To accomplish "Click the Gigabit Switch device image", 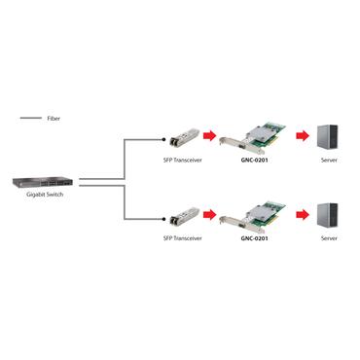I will point(41,181).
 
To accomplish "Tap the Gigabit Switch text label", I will point(41,196).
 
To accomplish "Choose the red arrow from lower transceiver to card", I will point(208,213).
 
